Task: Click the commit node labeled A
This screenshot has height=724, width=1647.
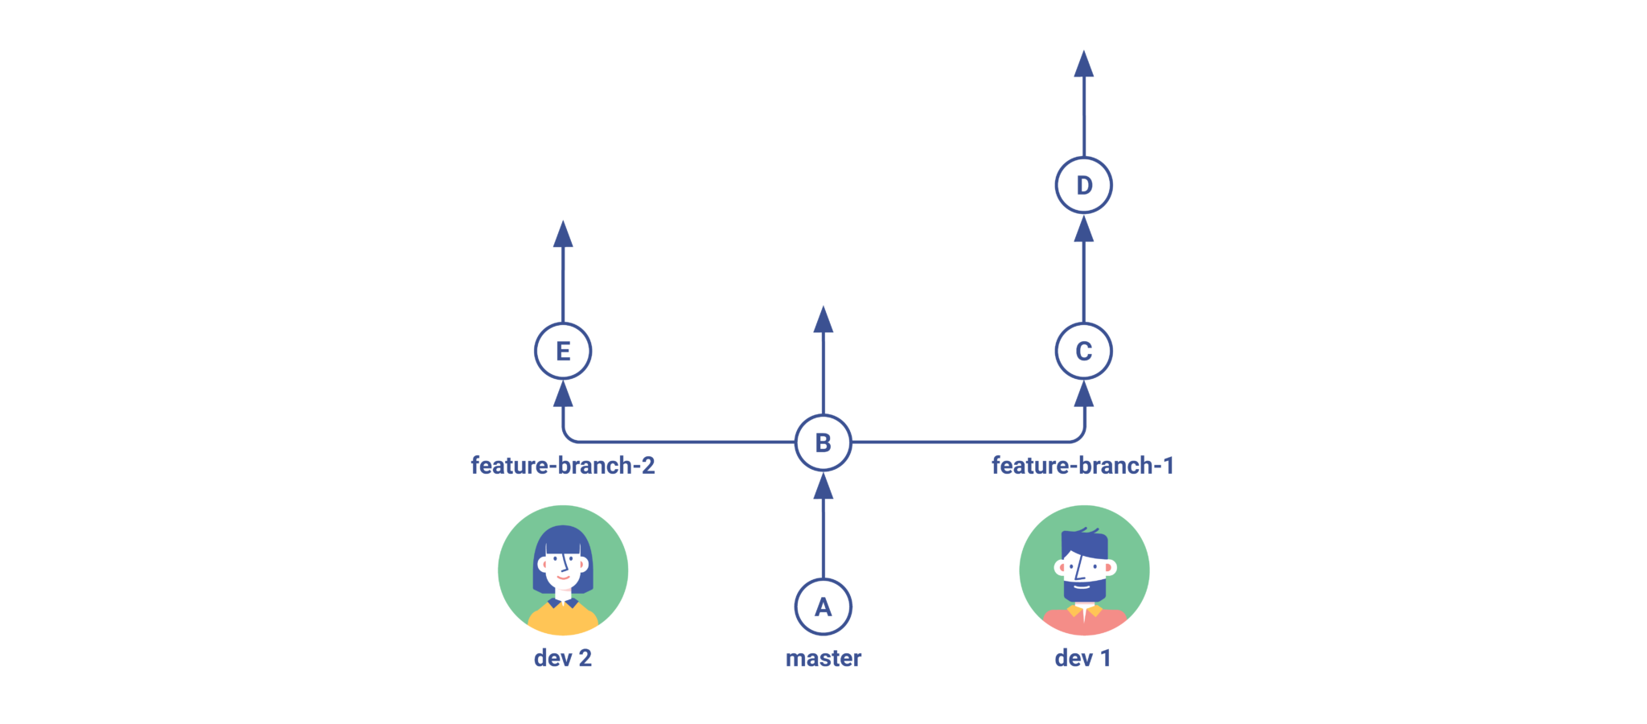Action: (823, 607)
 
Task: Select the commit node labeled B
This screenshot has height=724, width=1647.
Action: (823, 442)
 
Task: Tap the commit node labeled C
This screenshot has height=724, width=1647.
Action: (1083, 351)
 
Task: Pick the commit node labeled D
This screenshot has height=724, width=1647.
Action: (1083, 185)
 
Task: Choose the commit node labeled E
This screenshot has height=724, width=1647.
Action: (563, 351)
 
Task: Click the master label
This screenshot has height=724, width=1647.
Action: (823, 658)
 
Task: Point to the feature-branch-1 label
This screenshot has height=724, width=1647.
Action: (1082, 465)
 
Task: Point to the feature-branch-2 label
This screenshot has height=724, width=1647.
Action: (563, 465)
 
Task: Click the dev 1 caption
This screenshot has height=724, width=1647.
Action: (1082, 658)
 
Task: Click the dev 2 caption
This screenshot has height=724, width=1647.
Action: (563, 658)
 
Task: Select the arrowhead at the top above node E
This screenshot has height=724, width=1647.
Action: (563, 236)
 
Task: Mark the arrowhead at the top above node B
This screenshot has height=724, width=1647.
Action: (823, 321)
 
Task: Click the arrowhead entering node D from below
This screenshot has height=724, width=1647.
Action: (1083, 231)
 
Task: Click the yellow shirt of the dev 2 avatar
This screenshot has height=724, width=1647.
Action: (563, 619)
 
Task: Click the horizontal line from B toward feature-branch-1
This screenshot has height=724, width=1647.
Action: (957, 442)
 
